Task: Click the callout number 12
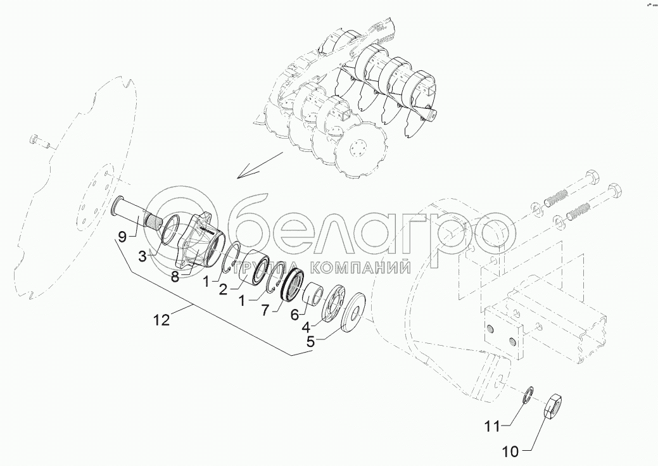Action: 161,320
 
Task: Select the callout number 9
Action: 122,237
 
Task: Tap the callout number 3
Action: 142,256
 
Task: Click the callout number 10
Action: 510,451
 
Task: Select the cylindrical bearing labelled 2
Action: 254,267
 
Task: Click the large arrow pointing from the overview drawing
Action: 260,165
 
